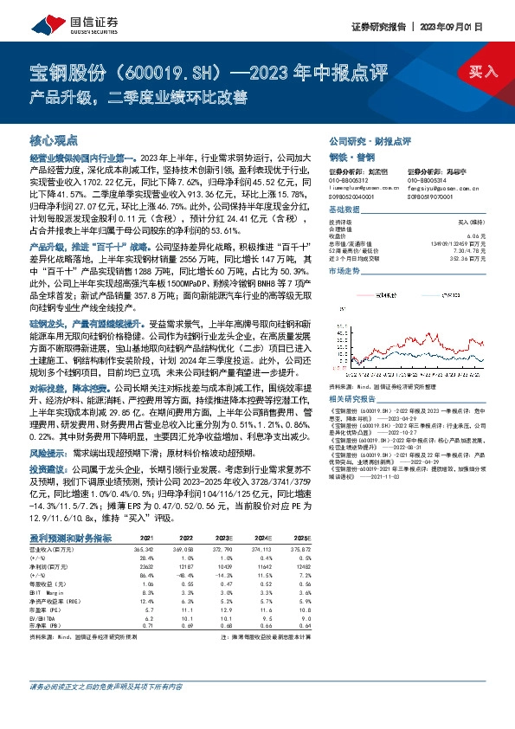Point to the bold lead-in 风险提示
coord(49,452)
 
